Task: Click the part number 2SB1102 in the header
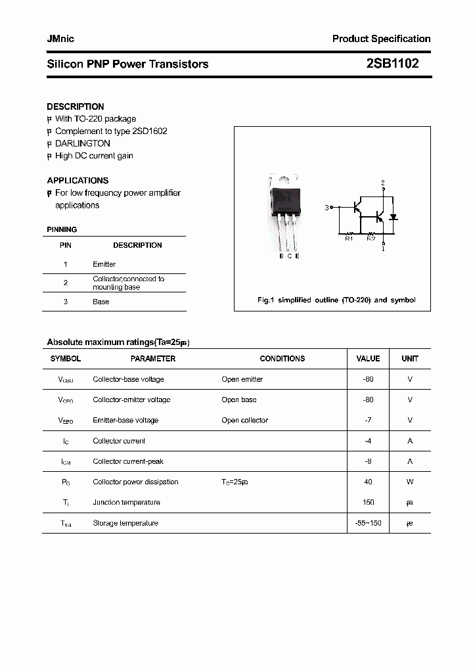(392, 64)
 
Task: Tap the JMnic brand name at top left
(60, 39)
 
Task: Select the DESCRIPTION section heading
(76, 106)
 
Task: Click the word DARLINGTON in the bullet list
(83, 143)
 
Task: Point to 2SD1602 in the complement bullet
(150, 131)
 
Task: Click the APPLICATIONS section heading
(78, 180)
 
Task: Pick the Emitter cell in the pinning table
(104, 264)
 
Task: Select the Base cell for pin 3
(101, 302)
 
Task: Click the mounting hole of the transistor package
(284, 177)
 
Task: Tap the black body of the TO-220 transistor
(285, 199)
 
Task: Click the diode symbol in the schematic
(394, 217)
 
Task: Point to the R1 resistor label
(349, 238)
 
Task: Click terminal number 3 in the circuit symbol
(327, 208)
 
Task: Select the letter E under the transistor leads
(297, 256)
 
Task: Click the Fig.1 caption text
(336, 300)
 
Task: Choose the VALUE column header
(368, 359)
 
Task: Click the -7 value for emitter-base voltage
(368, 420)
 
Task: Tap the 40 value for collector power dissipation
(368, 482)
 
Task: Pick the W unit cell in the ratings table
(410, 482)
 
